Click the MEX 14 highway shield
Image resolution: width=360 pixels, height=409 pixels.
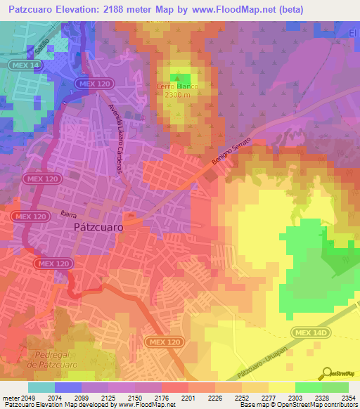pyautogui.click(x=25, y=65)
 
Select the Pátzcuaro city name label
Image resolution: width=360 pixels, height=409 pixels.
pyautogui.click(x=99, y=228)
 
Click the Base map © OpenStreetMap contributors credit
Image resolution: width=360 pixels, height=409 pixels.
pyautogui.click(x=298, y=405)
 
